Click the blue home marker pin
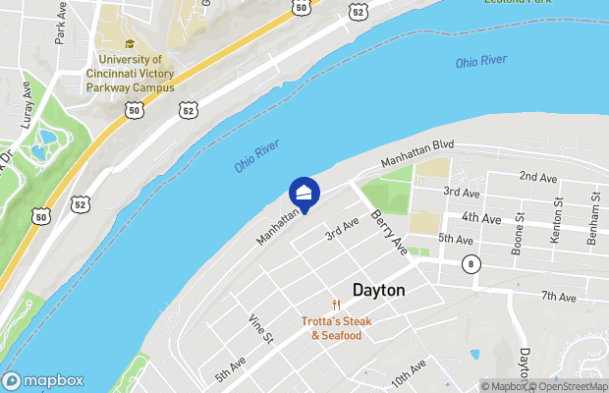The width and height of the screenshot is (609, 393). point(304,192)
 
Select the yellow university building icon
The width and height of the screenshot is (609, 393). point(129,44)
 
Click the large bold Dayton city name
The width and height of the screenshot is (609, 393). point(379,290)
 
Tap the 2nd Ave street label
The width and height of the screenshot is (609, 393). point(537,177)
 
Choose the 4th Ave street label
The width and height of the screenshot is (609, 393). point(481,217)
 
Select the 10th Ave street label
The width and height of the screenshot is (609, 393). point(409,372)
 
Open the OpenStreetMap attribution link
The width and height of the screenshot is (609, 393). point(569,386)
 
